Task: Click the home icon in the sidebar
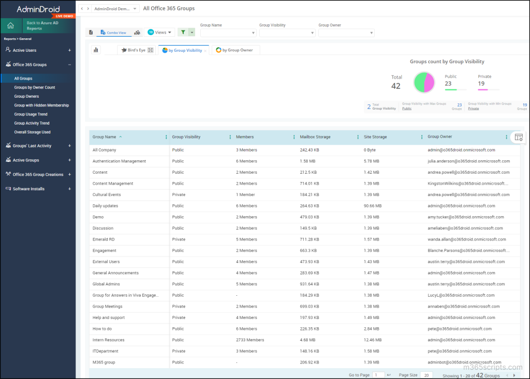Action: click(11, 25)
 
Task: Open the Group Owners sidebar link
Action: click(26, 96)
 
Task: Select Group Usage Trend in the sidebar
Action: click(31, 114)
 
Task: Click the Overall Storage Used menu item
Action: click(32, 132)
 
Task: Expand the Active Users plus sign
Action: click(69, 50)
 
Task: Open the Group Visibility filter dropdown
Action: click(287, 33)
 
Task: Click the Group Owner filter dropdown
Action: click(346, 33)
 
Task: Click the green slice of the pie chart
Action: click(419, 82)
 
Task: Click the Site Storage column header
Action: click(375, 137)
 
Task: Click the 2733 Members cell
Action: click(250, 340)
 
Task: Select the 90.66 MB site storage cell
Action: click(373, 206)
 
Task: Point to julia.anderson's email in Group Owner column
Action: click(468, 161)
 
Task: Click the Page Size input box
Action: click(426, 375)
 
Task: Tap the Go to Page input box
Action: click(378, 375)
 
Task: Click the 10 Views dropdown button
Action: click(161, 32)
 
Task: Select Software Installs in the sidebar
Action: click(28, 189)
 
